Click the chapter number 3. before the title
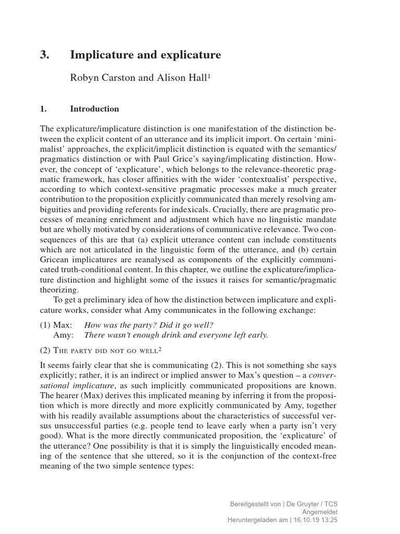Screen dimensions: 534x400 point(45,55)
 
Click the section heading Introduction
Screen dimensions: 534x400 point(94,109)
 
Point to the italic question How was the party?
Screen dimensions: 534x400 point(120,324)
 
